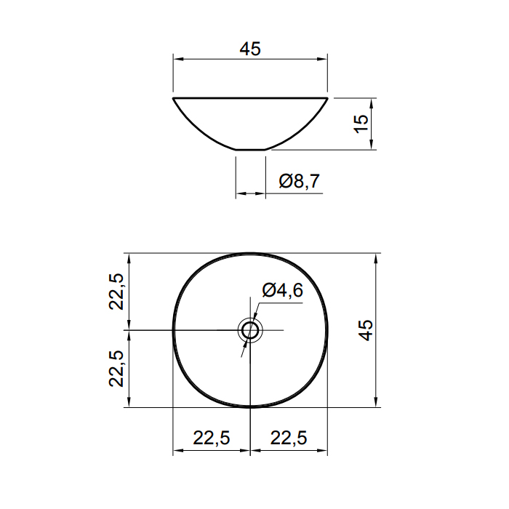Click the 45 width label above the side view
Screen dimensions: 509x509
coord(250,49)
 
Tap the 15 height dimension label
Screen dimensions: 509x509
coord(361,124)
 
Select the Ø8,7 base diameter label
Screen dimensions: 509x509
coord(300,181)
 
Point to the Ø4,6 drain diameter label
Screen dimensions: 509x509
coord(282,290)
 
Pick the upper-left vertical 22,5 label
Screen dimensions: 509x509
coord(116,292)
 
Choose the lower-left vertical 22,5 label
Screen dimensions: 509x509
coord(116,369)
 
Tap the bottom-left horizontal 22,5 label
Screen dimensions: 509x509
coord(212,438)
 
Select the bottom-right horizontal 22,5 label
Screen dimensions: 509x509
coord(288,438)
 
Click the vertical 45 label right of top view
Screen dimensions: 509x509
coord(366,330)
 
